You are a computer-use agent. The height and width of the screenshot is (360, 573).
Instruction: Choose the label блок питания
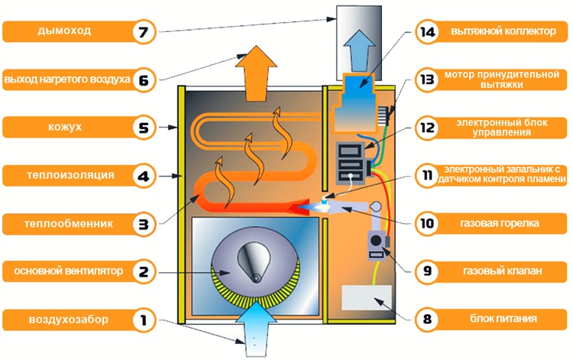point(504,318)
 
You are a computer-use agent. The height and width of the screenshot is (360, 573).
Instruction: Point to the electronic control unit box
point(352,163)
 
